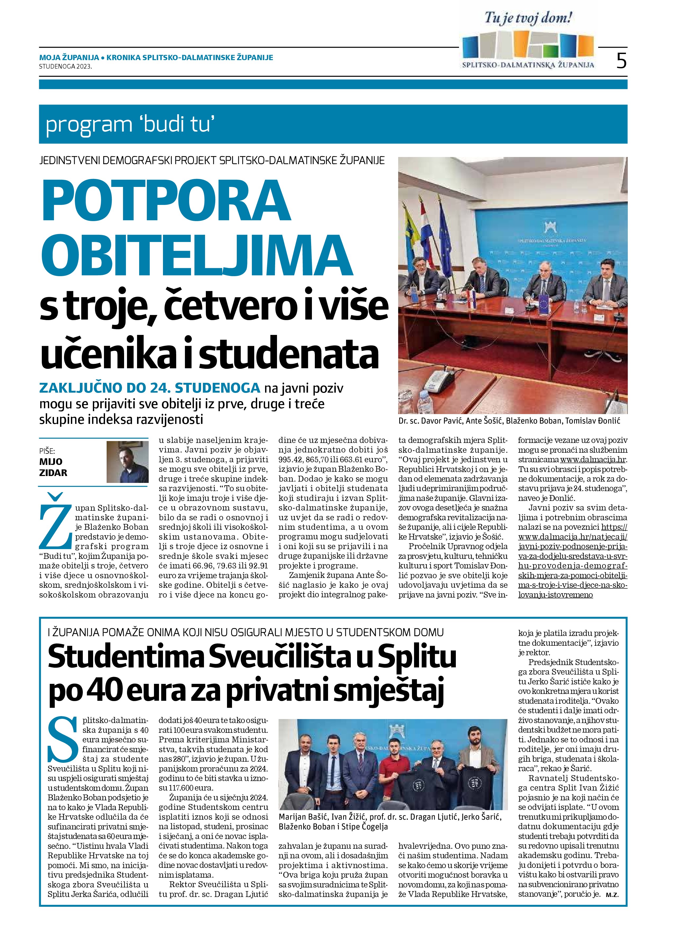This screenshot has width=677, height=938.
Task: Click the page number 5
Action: [621, 61]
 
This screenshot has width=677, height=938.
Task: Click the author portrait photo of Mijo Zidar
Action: [127, 461]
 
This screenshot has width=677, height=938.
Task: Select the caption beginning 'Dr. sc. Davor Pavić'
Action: [510, 421]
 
